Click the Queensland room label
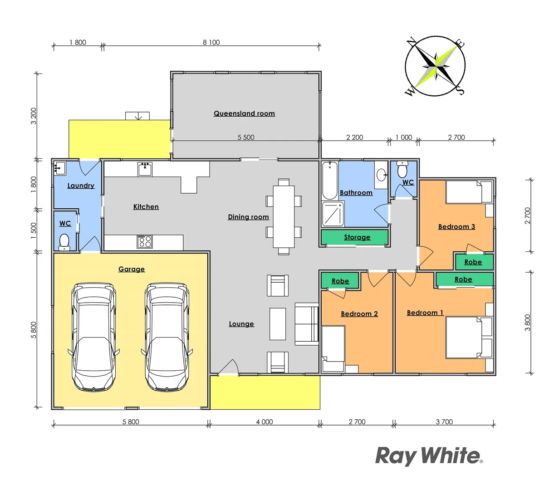[x=244, y=113]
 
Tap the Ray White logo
[x=428, y=456]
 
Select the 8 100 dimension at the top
[x=211, y=42]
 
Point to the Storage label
[x=357, y=237]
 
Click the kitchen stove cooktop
[x=145, y=241]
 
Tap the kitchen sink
[x=145, y=169]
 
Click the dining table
[x=284, y=216]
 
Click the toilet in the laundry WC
[x=64, y=241]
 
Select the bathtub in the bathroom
[x=329, y=180]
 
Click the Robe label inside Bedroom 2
[x=340, y=281]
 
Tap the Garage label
[x=132, y=269]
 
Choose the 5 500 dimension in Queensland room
[x=246, y=137]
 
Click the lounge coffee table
[x=278, y=324]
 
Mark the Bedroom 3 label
[x=456, y=226]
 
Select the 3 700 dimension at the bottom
[x=444, y=421]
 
